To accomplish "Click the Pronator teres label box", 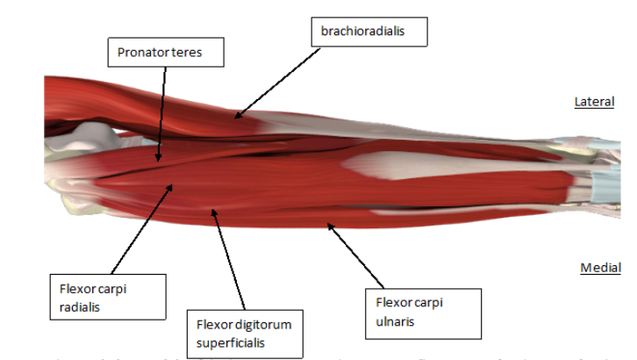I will (x=166, y=53).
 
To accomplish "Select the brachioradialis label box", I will (x=369, y=33).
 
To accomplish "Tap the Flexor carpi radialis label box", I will (x=107, y=296).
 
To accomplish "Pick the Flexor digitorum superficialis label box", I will (x=242, y=334).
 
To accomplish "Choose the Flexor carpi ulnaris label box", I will (x=423, y=312).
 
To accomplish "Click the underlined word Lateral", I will (x=593, y=103).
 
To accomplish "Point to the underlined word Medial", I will (x=600, y=267).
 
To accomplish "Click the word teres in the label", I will (x=188, y=53).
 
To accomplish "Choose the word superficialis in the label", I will (x=231, y=342).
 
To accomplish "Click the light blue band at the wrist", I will (x=606, y=184).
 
